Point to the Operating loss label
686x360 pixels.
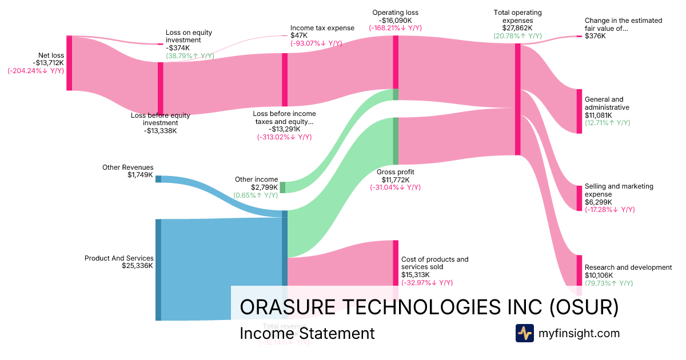395,13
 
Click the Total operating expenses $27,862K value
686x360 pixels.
517,27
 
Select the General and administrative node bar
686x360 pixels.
579,111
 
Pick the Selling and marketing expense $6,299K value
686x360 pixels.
598,202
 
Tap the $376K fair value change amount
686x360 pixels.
595,36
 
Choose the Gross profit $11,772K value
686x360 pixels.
396,179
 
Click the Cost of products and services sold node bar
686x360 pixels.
395,263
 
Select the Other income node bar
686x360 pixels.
282,187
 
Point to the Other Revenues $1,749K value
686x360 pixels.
141,175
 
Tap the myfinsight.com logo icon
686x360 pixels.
524,333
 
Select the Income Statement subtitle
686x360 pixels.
307,333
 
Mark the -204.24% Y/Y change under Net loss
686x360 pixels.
35,71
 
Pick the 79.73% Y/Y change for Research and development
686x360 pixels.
608,283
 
